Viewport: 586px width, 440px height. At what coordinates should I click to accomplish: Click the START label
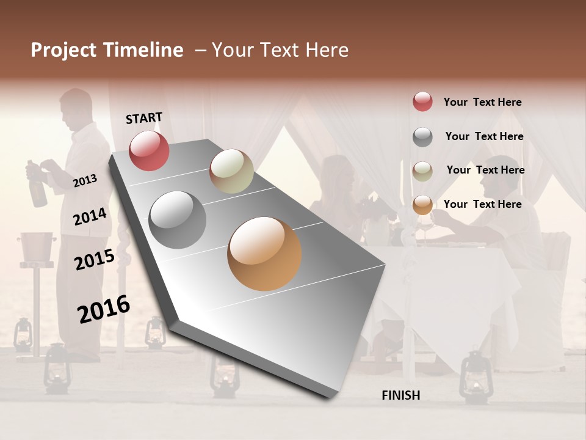(x=144, y=118)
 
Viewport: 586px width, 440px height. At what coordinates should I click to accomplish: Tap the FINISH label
(x=401, y=395)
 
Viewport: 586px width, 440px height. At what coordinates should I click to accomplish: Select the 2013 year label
(x=85, y=180)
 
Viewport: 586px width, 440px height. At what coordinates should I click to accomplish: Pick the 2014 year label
(x=90, y=217)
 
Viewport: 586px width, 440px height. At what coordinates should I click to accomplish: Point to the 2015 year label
(x=95, y=260)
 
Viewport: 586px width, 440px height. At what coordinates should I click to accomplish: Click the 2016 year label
(x=104, y=309)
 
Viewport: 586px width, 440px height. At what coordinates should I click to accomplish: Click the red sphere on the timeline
(x=150, y=150)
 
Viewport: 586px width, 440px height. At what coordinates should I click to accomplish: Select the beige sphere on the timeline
(x=231, y=171)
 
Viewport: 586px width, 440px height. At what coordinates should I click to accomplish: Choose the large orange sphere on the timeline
(x=264, y=254)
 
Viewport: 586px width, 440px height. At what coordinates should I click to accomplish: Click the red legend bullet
(x=422, y=102)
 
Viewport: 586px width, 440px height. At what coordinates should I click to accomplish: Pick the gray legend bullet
(x=422, y=137)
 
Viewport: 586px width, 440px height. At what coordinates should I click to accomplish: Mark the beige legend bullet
(x=422, y=170)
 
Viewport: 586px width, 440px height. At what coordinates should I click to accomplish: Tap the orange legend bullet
(x=422, y=204)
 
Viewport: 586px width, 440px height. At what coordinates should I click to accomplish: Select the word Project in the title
(x=63, y=50)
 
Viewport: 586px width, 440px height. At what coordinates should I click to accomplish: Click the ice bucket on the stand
(x=38, y=246)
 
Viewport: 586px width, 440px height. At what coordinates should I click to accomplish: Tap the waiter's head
(x=77, y=107)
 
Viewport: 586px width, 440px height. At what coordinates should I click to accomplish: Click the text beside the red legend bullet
(x=482, y=102)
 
